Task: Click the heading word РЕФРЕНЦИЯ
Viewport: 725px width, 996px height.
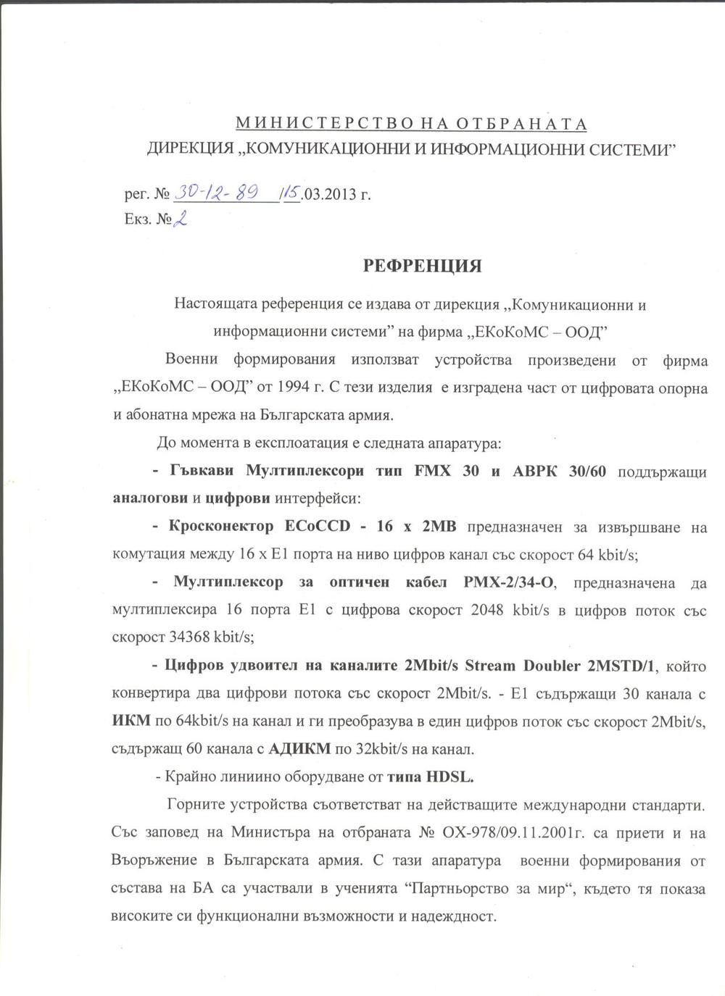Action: coord(422,266)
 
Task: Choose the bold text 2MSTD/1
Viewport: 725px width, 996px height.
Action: coord(624,664)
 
